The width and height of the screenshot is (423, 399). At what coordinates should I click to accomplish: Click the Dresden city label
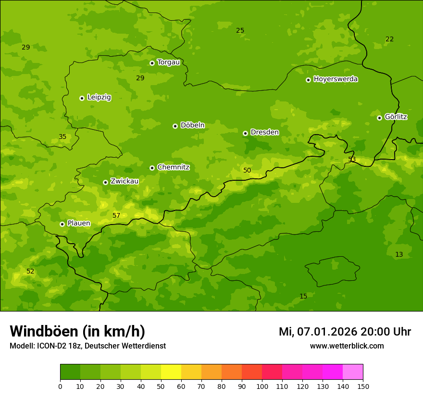pos(264,132)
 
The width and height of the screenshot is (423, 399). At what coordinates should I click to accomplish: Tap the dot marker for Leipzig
pos(82,98)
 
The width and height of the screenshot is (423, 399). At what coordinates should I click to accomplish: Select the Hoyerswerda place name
pos(336,79)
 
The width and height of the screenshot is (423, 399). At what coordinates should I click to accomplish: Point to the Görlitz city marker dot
pos(379,118)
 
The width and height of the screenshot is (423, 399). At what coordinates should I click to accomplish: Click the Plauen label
pos(78,223)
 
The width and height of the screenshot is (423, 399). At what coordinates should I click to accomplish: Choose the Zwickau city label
pos(124,181)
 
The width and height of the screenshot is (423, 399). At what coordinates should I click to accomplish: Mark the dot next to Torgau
pos(152,63)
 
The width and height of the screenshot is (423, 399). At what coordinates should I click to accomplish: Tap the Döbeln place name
pos(192,125)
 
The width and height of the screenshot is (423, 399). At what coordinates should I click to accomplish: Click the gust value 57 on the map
pos(116,215)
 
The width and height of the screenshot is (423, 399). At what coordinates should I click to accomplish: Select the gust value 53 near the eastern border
pos(352,159)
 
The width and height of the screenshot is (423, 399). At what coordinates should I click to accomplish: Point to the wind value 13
pos(399,254)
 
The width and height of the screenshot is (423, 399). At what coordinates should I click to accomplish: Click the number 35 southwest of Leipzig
pos(62,137)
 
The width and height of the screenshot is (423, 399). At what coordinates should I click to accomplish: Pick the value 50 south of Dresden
pos(247,170)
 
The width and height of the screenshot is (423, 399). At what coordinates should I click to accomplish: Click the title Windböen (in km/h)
pos(77,331)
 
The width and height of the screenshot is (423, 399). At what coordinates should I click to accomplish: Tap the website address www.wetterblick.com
pos(347,346)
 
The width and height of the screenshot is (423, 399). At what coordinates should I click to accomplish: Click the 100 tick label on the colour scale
pos(262,386)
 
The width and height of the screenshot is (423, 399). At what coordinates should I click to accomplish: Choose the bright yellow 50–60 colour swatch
pos(171,372)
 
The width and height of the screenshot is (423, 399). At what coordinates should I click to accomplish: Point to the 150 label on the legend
pos(363,386)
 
